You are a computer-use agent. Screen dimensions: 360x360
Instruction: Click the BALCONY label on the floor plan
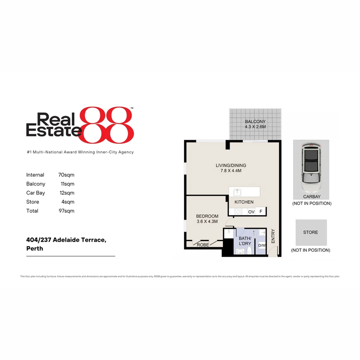pyautogui.click(x=255, y=122)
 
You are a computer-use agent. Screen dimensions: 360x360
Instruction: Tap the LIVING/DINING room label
pyautogui.click(x=231, y=165)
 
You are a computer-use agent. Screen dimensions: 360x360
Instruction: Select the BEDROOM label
pyautogui.click(x=207, y=216)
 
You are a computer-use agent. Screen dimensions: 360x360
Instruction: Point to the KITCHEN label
pyautogui.click(x=244, y=202)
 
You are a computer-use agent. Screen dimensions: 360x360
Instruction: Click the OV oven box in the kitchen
pyautogui.click(x=251, y=212)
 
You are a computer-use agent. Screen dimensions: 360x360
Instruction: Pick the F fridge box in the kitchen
pyautogui.click(x=261, y=211)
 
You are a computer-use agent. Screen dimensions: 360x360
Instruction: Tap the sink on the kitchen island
pyautogui.click(x=238, y=192)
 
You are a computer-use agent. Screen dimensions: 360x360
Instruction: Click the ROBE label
pyautogui.click(x=203, y=245)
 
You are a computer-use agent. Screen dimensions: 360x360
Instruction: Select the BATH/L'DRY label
pyautogui.click(x=245, y=241)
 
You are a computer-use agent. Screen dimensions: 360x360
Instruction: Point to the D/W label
pyautogui.click(x=262, y=246)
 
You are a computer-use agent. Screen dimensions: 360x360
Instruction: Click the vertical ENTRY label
pyautogui.click(x=273, y=236)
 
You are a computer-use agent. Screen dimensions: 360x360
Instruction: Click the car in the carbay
pyautogui.click(x=311, y=167)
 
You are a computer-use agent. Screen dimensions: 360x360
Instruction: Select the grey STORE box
pyautogui.click(x=311, y=232)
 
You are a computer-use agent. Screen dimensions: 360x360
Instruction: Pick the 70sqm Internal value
pyautogui.click(x=66, y=175)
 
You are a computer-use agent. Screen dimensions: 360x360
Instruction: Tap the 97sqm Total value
pyautogui.click(x=66, y=211)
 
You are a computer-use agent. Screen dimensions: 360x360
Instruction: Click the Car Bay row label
pyautogui.click(x=36, y=193)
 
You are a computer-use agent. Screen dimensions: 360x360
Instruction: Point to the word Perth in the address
pyautogui.click(x=35, y=248)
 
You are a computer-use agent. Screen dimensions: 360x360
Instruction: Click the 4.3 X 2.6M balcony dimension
pyautogui.click(x=255, y=127)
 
